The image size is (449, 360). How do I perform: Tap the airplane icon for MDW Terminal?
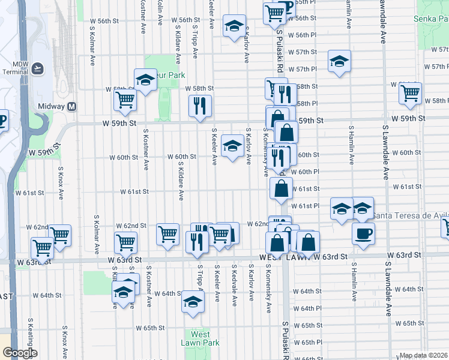[38, 68]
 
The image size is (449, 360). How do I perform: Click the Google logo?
[20, 353]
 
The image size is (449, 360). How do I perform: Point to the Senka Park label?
[431, 19]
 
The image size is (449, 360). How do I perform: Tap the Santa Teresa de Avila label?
[410, 215]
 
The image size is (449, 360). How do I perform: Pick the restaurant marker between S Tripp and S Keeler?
[200, 106]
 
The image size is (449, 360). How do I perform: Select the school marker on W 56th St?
[234, 26]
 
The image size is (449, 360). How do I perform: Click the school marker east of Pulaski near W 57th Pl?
[339, 61]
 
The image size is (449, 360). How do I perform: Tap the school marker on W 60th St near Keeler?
[233, 146]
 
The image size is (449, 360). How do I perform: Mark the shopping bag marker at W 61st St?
[281, 188]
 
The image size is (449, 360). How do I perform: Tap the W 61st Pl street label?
[306, 206]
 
